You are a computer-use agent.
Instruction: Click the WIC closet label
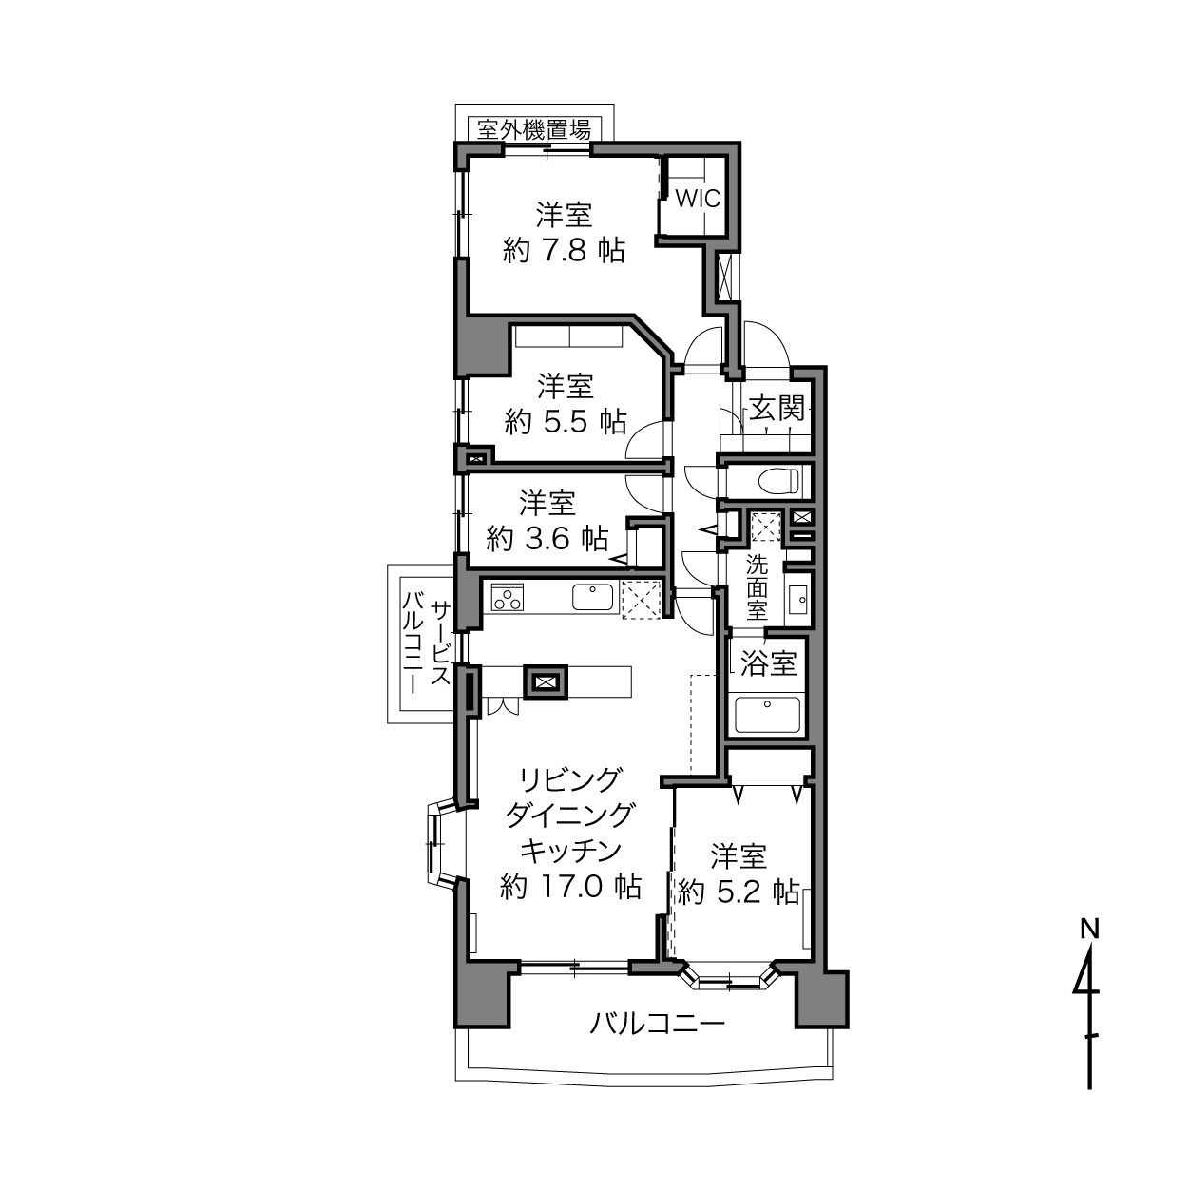(x=698, y=200)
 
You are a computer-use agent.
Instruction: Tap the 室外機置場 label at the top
(x=533, y=128)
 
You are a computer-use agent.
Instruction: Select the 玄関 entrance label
(x=777, y=409)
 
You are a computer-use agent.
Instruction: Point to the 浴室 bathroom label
(x=768, y=662)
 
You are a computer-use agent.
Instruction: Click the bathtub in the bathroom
(x=768, y=715)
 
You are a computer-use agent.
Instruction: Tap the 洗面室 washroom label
(x=757, y=587)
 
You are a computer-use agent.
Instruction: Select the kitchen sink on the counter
(x=593, y=598)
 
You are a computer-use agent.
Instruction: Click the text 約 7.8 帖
(x=564, y=251)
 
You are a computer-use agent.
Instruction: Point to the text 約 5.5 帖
(x=566, y=421)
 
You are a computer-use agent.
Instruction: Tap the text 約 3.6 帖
(x=547, y=539)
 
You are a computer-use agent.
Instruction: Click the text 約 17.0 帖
(x=570, y=887)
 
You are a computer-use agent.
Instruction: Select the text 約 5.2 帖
(x=739, y=892)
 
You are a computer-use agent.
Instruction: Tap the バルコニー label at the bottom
(x=658, y=1024)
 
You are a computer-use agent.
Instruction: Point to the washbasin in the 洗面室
(x=797, y=599)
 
